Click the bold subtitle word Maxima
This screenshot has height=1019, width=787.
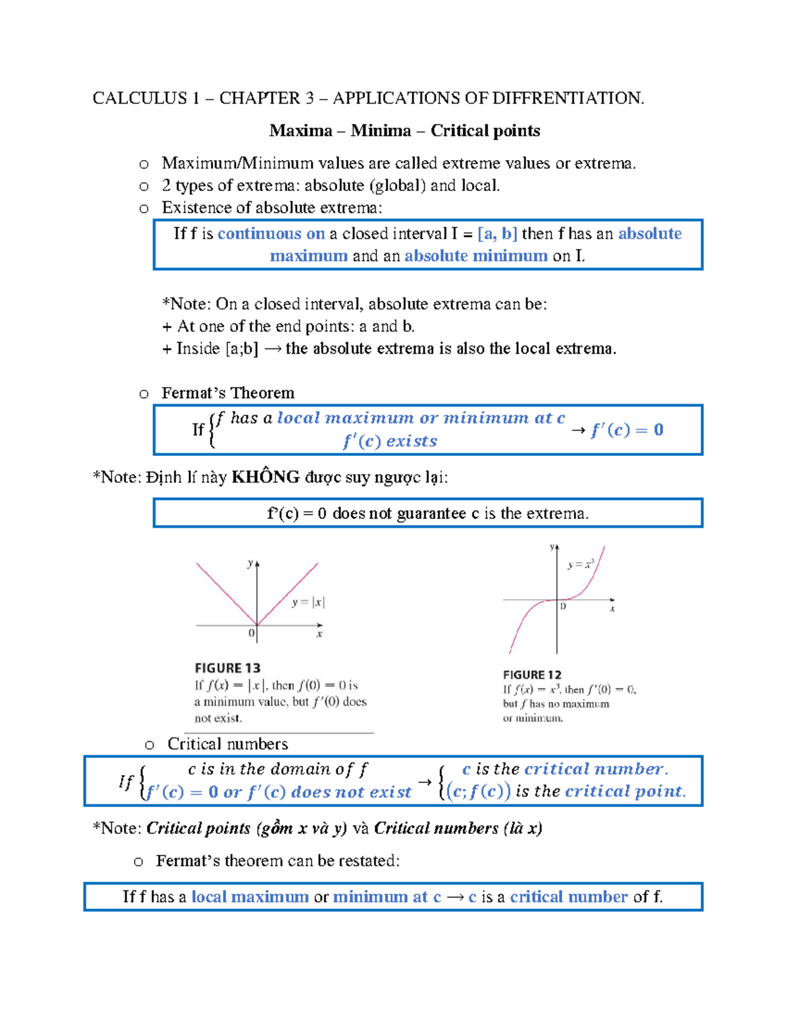[300, 131]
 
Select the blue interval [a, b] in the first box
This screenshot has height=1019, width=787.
[498, 234]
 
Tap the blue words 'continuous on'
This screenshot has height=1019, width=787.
[271, 234]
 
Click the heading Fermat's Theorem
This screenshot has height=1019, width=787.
[228, 393]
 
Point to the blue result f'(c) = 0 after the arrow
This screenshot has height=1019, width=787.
[627, 430]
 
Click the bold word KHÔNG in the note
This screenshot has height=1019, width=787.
[266, 477]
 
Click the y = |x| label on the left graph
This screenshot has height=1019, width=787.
[308, 602]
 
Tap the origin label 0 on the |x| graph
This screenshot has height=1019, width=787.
[251, 633]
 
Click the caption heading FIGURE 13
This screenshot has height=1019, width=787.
[228, 668]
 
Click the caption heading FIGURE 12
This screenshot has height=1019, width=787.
[532, 675]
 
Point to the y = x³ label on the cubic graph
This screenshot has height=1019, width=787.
[580, 564]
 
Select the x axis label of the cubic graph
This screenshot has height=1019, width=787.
[613, 609]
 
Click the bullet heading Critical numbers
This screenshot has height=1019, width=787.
[227, 743]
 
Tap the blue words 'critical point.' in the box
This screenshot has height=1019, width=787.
[625, 791]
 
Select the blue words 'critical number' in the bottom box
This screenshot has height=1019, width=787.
[569, 897]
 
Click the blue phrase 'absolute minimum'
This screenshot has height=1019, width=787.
[475, 256]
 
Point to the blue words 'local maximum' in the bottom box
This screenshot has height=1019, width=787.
[250, 897]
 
